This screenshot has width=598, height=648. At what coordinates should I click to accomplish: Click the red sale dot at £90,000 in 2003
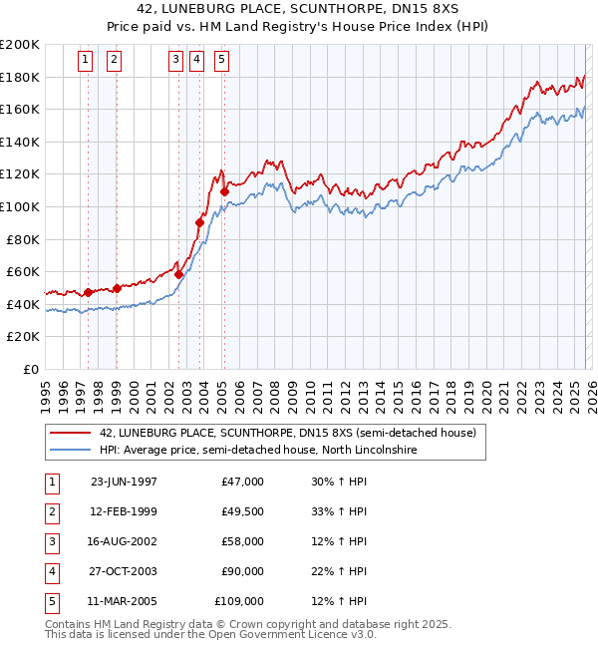[200, 223]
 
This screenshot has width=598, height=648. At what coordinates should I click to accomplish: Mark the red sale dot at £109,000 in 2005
[225, 192]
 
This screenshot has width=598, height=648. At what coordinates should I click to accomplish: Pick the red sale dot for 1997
[89, 292]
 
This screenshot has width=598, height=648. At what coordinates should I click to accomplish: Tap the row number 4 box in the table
[51, 571]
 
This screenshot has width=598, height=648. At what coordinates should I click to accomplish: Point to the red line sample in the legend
[71, 433]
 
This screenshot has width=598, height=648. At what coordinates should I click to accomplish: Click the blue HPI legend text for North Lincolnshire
[257, 450]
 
